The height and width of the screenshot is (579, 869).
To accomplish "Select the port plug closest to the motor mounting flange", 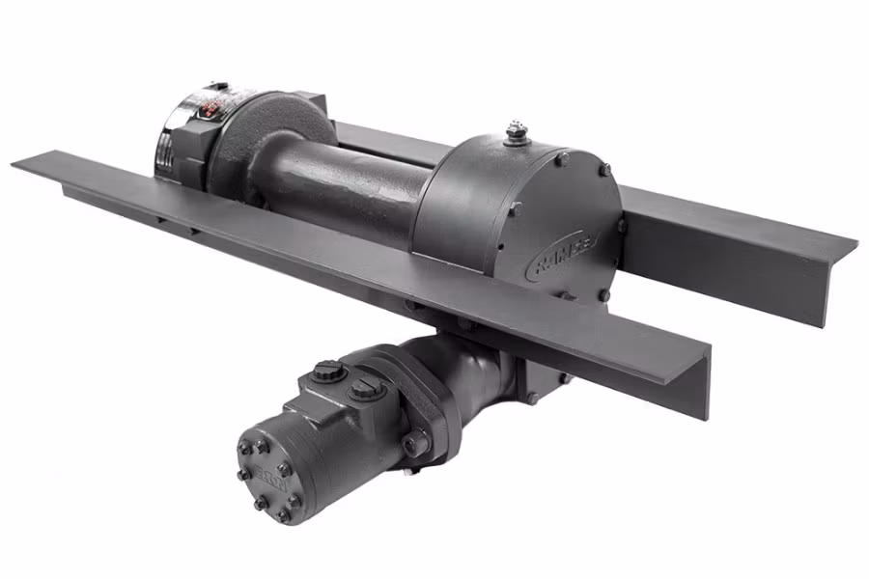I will click(x=364, y=388).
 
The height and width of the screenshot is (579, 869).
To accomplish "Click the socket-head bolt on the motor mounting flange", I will click(x=416, y=444).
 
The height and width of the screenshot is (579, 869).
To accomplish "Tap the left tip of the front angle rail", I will click(x=17, y=164).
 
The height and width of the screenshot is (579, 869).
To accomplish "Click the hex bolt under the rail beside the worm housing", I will click(x=532, y=397).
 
